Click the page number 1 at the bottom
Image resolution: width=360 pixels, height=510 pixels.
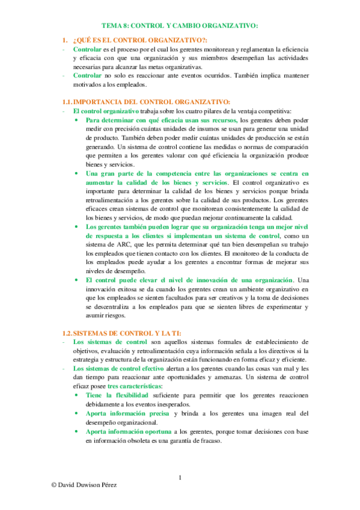coord(180,478)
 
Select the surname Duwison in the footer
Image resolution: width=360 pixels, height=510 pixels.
coord(90,500)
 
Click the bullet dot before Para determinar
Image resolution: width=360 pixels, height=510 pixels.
coord(76,120)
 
